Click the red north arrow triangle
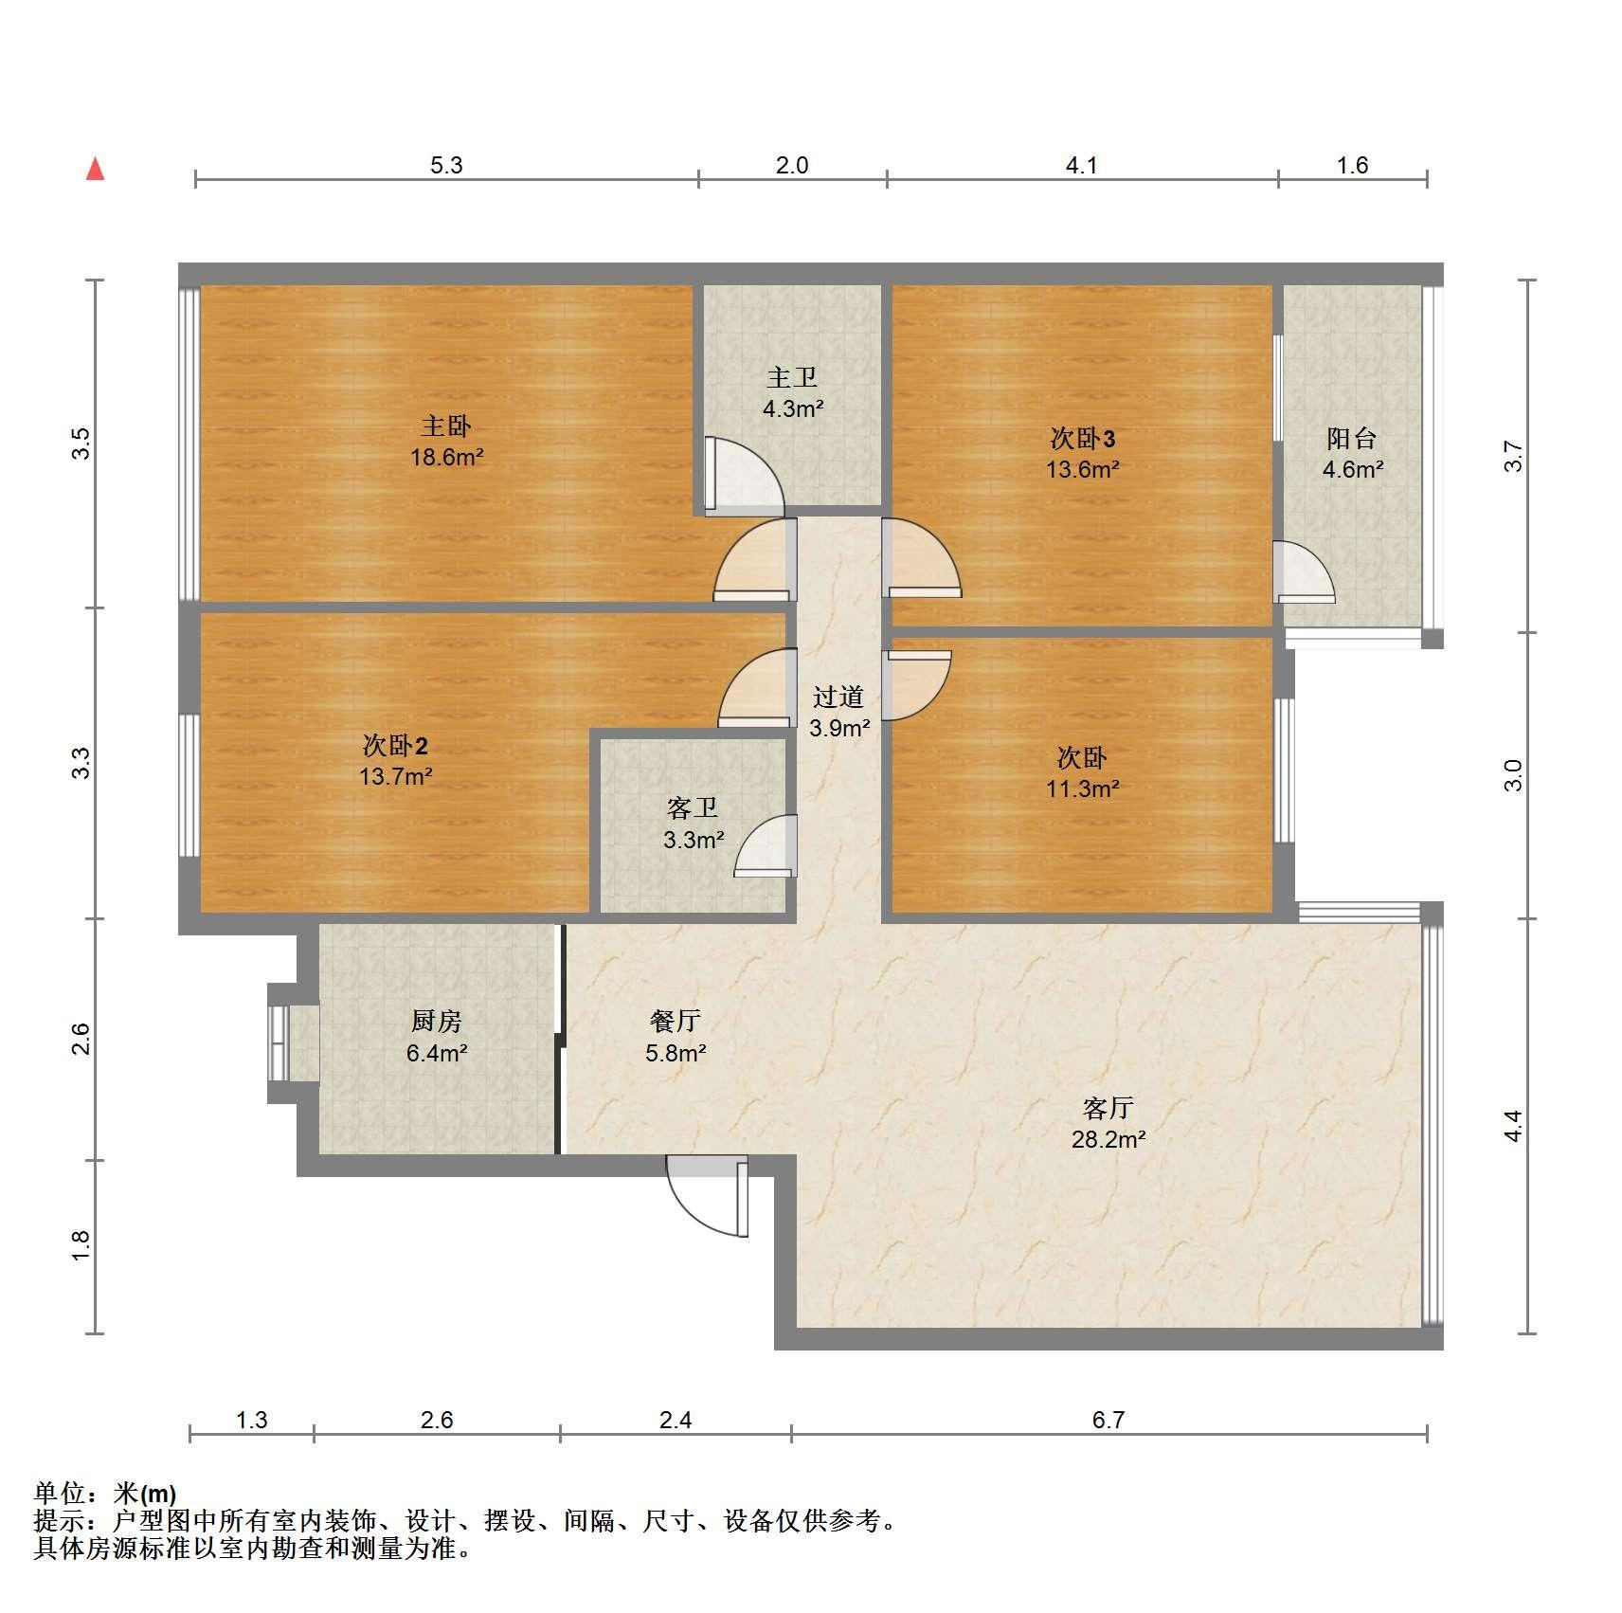(x=95, y=169)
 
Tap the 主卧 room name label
(x=446, y=426)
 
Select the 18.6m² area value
(x=446, y=457)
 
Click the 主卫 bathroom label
(x=792, y=377)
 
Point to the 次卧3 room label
(x=1083, y=438)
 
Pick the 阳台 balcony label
(x=1352, y=438)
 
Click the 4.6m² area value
(x=1352, y=469)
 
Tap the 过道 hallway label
(x=838, y=697)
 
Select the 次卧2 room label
(x=395, y=745)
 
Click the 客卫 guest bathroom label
(x=693, y=807)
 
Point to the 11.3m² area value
(x=1083, y=788)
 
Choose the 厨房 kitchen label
(x=437, y=1021)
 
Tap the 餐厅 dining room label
(x=676, y=1021)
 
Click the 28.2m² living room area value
(x=1108, y=1139)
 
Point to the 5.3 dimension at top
(x=446, y=165)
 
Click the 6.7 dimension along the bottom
(x=1108, y=1420)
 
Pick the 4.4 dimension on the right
(x=1513, y=1126)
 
